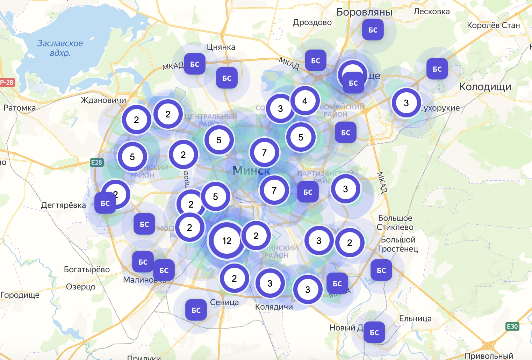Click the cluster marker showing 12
227,240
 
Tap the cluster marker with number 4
305,101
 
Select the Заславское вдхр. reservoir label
60,48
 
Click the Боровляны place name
364,12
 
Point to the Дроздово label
312,22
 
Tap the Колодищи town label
485,87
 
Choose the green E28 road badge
96,162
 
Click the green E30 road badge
512,326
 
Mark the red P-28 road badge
7,82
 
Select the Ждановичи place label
103,100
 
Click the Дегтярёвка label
64,205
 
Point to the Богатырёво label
87,269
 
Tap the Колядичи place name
274,307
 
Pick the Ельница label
415,318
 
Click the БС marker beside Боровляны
373,30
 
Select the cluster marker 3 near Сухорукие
406,103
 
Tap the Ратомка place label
20,108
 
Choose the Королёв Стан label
493,25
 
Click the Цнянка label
221,47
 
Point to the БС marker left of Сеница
196,310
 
